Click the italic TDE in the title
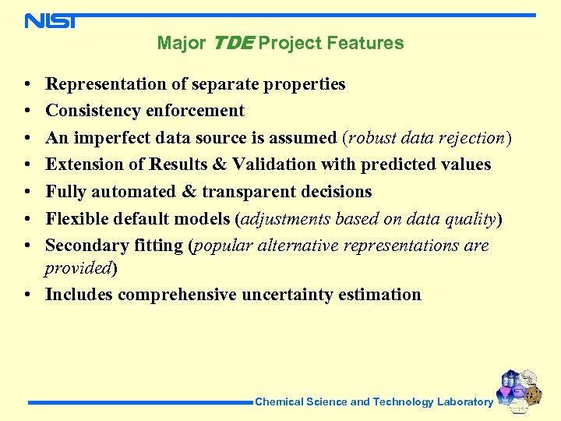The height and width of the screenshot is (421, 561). coord(231,43)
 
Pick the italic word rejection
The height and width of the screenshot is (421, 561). coord(470,138)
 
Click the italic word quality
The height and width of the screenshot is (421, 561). coord(469,219)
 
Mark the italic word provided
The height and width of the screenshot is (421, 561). coord(78,268)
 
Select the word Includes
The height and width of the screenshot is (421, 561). coord(77,295)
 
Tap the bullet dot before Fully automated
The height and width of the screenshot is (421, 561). coord(26,192)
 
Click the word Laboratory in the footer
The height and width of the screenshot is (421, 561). coord(464,402)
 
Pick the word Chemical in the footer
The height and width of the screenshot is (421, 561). coord(279,402)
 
